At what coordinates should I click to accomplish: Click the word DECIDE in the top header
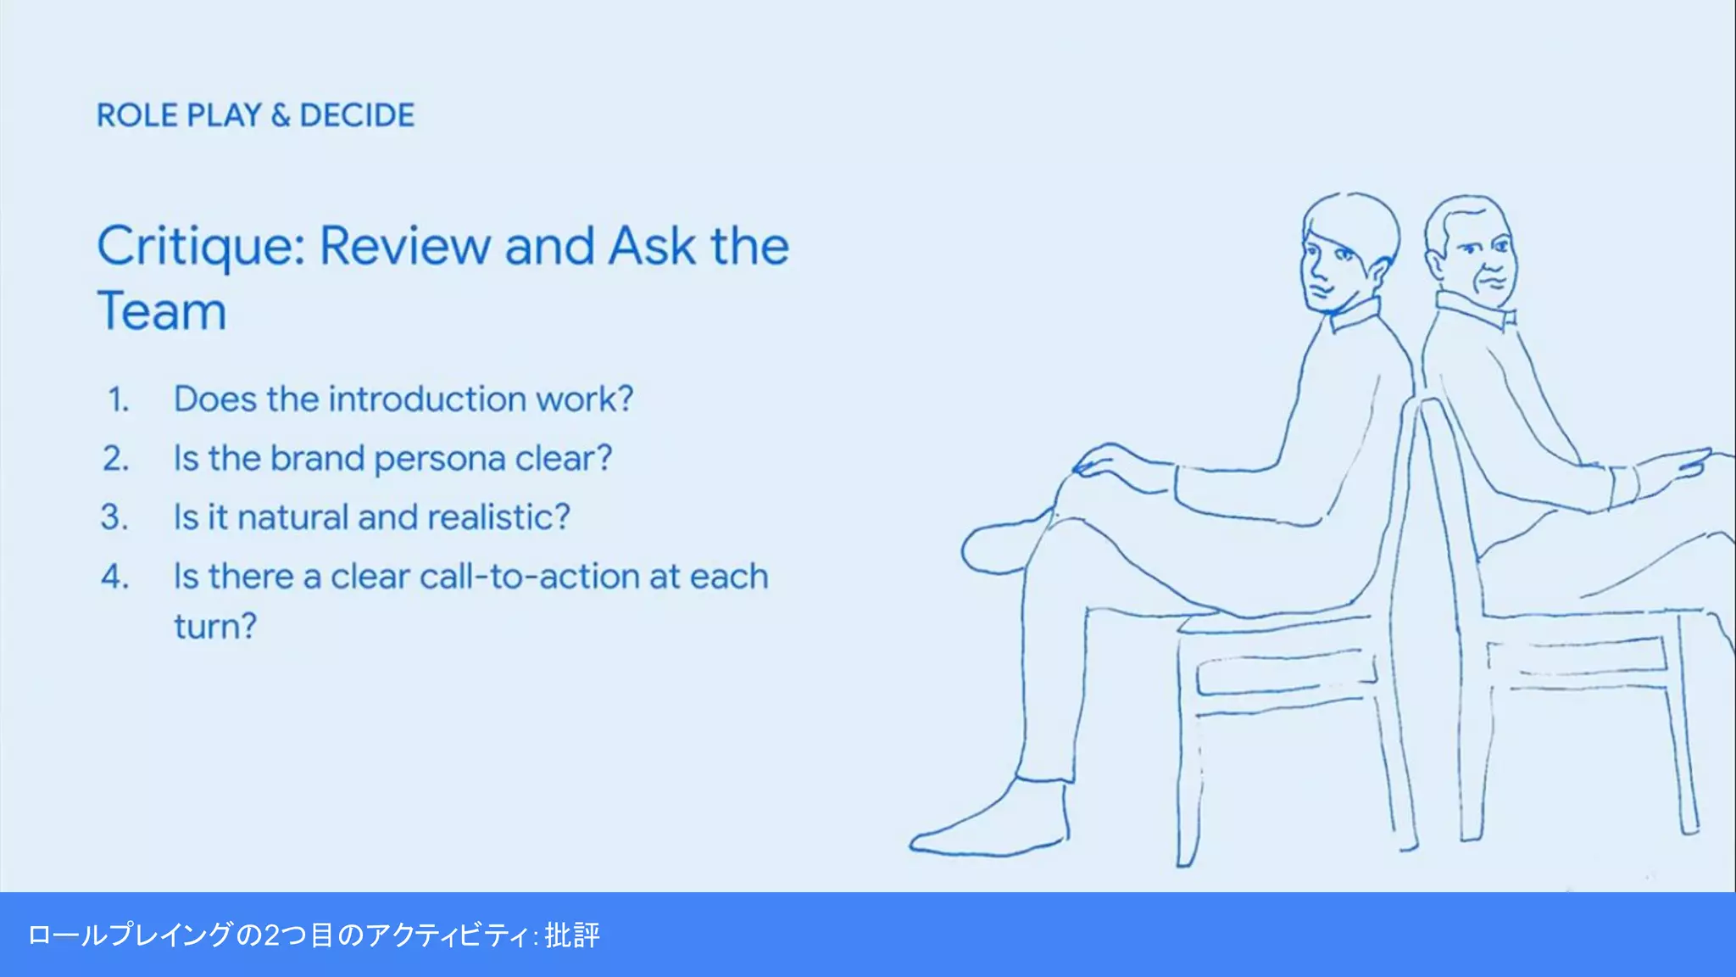point(357,115)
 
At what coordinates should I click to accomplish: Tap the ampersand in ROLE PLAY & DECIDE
point(281,115)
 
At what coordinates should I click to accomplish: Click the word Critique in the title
point(200,247)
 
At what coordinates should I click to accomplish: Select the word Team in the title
point(162,311)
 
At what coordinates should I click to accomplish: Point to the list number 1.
point(118,399)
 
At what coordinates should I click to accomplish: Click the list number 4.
point(115,577)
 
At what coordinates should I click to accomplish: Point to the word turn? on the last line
point(214,627)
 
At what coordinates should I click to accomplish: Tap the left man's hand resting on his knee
point(1110,462)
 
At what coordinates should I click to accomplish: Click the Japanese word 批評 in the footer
point(572,935)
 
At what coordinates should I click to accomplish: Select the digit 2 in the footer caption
point(272,935)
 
